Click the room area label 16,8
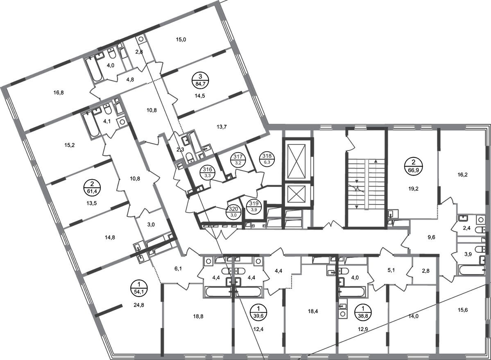(x=59, y=92)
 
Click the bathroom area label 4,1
(x=106, y=121)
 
